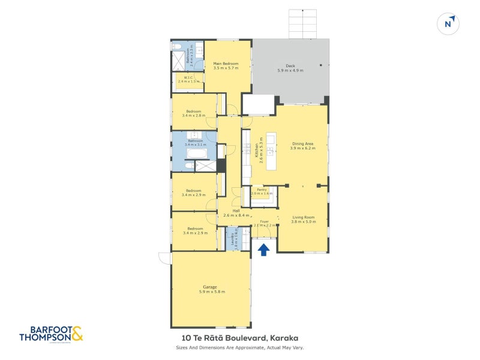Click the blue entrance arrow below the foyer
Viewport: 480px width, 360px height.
tap(263, 249)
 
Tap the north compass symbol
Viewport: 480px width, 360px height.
tap(448, 24)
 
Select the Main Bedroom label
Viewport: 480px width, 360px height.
tap(226, 64)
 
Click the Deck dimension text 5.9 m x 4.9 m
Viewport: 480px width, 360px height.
tap(290, 71)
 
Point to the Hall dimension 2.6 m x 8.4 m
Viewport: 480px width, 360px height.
tap(236, 215)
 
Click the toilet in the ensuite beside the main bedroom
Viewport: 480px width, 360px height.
tap(177, 46)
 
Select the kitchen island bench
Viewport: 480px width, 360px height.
tap(271, 151)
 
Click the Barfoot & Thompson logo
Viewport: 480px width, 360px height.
tap(50, 334)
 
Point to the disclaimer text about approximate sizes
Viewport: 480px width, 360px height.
tap(239, 347)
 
